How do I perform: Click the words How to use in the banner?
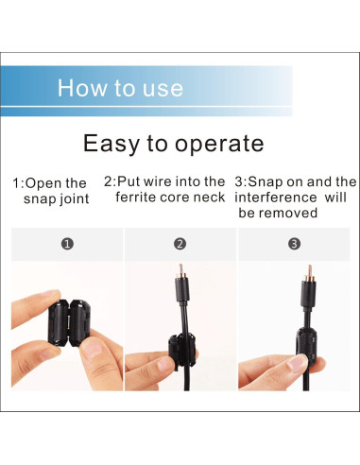119,88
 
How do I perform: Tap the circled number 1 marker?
67,244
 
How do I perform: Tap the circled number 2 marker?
180,244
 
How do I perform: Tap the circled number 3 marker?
294,244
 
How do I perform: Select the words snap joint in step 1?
55,198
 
